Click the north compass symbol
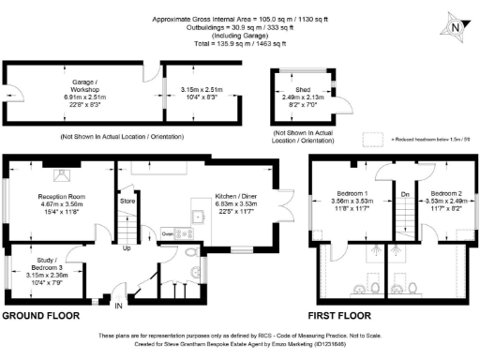coord(453,27)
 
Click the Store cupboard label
coord(127,201)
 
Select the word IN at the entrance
coord(117,306)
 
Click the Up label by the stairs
coord(127,248)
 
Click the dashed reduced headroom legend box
coord(374,138)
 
